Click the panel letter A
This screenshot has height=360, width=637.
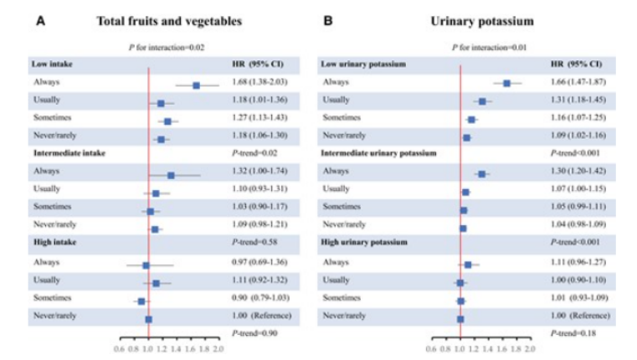[x=40, y=19]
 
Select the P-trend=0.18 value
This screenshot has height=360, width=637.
[x=571, y=333]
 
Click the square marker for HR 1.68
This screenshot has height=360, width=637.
[x=196, y=85]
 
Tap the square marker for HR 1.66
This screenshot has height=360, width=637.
[x=507, y=83]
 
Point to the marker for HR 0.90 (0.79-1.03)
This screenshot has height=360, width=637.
[x=141, y=300]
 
